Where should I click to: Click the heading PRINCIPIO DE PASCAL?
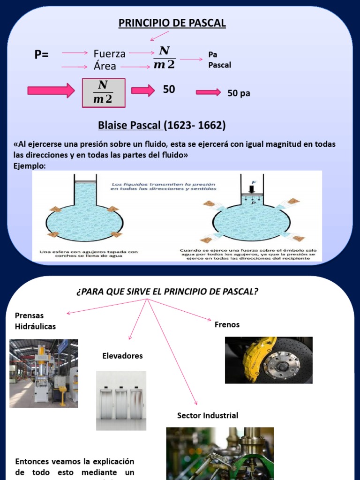[172, 23]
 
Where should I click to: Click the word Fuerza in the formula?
[109, 54]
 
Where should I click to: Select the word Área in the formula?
[105, 66]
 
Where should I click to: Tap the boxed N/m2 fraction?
[104, 92]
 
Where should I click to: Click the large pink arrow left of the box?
[51, 90]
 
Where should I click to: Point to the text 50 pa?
[239, 93]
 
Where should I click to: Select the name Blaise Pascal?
[130, 126]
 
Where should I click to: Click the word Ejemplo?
[29, 166]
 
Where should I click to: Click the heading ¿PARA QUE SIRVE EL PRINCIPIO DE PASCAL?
[167, 292]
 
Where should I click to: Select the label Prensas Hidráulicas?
[35, 321]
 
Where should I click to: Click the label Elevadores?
[122, 356]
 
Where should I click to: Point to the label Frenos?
[227, 324]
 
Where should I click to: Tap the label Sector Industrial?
[208, 415]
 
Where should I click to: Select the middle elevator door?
[121, 403]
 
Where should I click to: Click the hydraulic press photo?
[44, 373]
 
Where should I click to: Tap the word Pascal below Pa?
[219, 65]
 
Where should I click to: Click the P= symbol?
[42, 55]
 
